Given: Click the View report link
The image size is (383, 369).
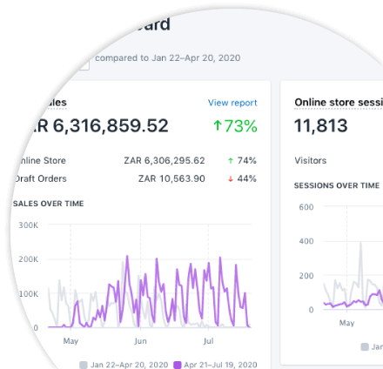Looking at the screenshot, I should tap(232, 103).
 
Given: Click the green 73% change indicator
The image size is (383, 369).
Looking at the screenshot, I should tap(235, 126).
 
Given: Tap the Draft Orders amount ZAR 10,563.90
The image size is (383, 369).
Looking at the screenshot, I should tap(171, 178).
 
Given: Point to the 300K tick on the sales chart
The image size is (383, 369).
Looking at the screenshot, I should tap(28, 225).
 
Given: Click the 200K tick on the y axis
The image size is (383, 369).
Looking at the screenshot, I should tap(28, 259).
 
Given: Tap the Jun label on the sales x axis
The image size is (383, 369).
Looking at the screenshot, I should tap(140, 341).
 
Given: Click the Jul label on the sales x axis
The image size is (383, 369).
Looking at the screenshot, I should tap(208, 341).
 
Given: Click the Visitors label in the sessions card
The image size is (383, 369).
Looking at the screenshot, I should tap(311, 161).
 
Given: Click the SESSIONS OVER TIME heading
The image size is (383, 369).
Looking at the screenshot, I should tap(337, 185).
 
